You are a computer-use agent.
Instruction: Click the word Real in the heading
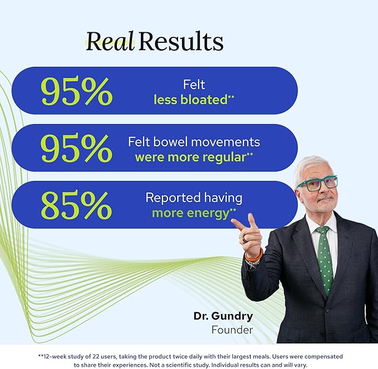pos(110,41)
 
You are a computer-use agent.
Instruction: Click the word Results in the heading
pos(181,41)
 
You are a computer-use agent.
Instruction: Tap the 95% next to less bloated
pos(77,91)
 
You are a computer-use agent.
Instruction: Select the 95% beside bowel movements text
pos(76,147)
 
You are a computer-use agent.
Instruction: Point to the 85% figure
pos(76,205)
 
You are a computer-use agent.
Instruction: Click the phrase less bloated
pos(191,100)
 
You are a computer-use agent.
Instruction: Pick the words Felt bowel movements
pos(194,142)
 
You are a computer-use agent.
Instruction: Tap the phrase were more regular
pos(191,158)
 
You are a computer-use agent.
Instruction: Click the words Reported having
pos(194,198)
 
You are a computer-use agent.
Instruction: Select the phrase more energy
pos(190,213)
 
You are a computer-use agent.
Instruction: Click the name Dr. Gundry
pos(223,316)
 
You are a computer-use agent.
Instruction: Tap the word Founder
pos(232,329)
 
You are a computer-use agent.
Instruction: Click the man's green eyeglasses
pos(317,184)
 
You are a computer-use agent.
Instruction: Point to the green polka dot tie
pos(324,260)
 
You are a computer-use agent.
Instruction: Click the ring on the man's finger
pos(244,239)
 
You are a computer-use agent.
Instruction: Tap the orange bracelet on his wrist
pos(254,256)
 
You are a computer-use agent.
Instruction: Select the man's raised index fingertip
pos(233,221)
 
